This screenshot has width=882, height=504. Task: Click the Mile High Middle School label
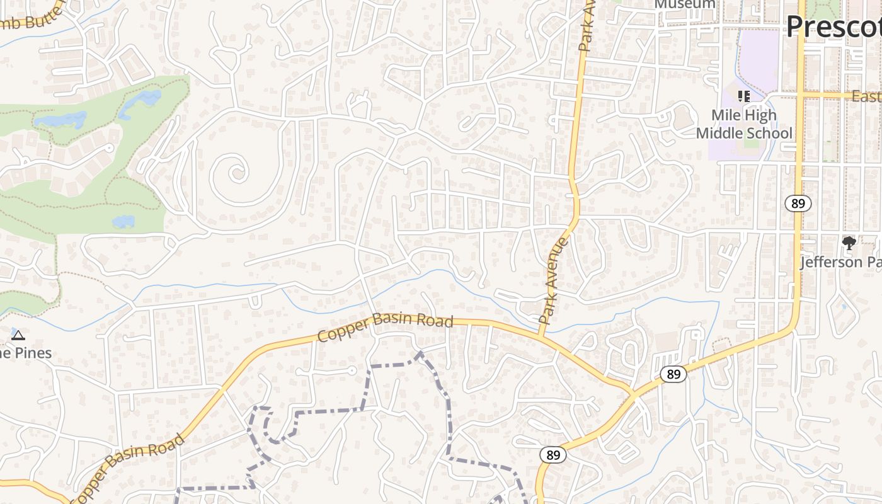click(x=744, y=124)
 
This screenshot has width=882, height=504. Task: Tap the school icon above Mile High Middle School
click(x=744, y=96)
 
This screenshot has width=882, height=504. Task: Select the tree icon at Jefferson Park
click(x=849, y=243)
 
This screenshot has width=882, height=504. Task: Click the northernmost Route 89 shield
click(x=798, y=203)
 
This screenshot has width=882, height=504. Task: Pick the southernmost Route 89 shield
click(x=553, y=455)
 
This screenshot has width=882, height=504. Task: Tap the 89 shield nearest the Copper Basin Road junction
click(x=673, y=374)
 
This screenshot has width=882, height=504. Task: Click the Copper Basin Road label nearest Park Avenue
click(x=385, y=326)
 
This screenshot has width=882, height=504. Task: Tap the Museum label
click(x=685, y=4)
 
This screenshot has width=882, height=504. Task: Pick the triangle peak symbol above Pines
click(x=18, y=335)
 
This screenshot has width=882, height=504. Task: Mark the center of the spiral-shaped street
click(x=238, y=171)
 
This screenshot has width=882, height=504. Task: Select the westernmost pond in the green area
click(x=60, y=119)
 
